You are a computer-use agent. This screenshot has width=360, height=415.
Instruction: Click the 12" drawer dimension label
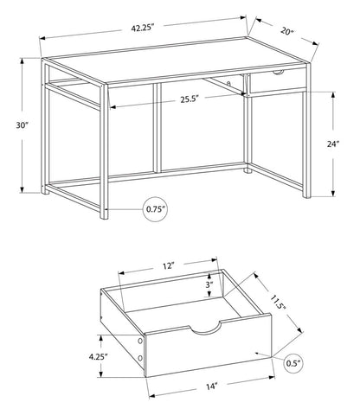[x=168, y=265]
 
